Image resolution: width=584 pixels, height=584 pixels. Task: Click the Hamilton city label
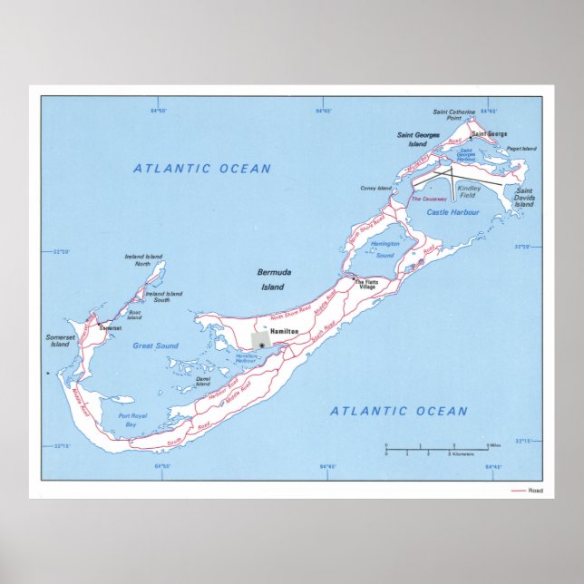pyautogui.click(x=286, y=332)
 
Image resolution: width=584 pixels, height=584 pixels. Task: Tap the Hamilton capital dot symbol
pyautogui.click(x=262, y=346)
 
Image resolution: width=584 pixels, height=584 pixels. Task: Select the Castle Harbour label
pyautogui.click(x=451, y=211)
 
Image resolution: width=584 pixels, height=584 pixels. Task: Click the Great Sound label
pyautogui.click(x=155, y=346)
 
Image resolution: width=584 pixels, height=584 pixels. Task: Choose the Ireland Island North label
pyautogui.click(x=143, y=260)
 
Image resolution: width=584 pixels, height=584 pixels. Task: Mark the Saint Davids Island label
pyautogui.click(x=524, y=197)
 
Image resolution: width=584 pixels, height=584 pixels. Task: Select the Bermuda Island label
pyautogui.click(x=271, y=279)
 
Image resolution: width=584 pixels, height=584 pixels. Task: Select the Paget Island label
pyautogui.click(x=521, y=149)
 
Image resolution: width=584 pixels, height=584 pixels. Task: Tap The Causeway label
pyautogui.click(x=426, y=199)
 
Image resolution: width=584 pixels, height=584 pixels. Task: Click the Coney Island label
pyautogui.click(x=375, y=189)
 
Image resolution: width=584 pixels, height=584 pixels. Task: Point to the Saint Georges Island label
pyautogui.click(x=418, y=139)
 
